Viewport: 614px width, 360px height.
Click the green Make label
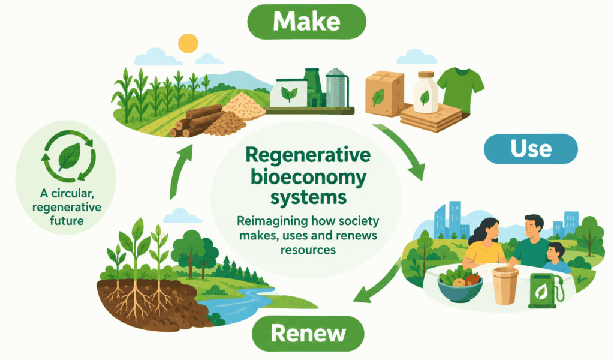[306, 22]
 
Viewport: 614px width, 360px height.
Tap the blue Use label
[531, 149]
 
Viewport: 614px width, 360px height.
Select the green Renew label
[308, 334]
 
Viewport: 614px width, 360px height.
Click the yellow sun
[188, 43]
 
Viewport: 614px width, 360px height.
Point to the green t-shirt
[460, 89]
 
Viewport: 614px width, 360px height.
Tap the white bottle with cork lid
[425, 92]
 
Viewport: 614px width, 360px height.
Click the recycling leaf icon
[69, 157]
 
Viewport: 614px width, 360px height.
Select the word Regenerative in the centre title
[308, 155]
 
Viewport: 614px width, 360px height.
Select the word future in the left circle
[67, 221]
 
